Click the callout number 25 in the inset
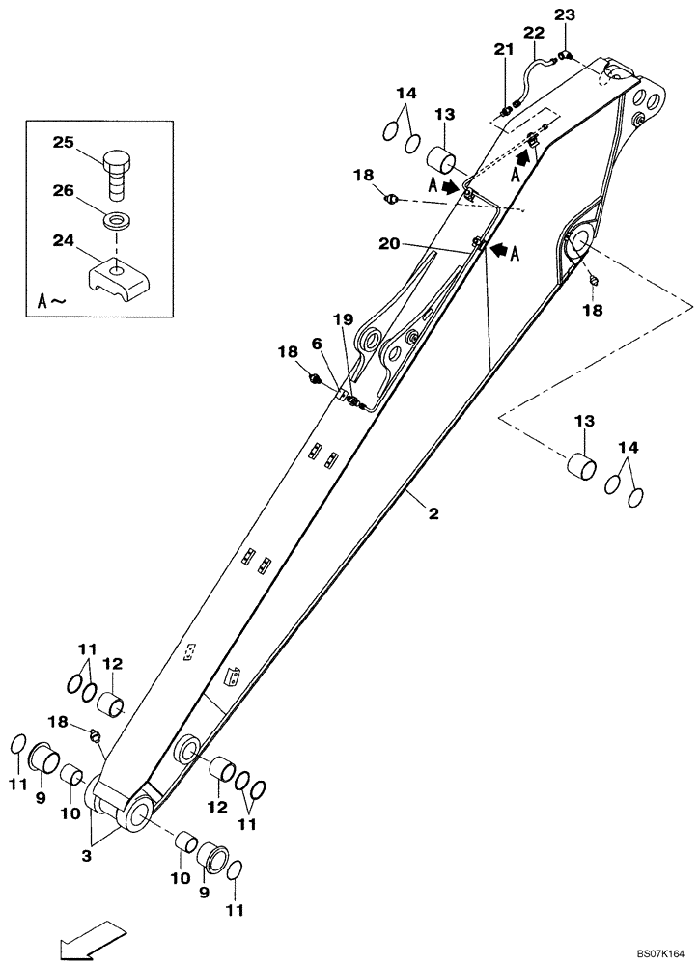pyautogui.click(x=63, y=143)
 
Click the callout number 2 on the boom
pyautogui.click(x=433, y=514)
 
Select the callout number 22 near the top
pyautogui.click(x=535, y=33)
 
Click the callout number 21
pyautogui.click(x=503, y=49)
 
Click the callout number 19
pyautogui.click(x=344, y=318)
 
